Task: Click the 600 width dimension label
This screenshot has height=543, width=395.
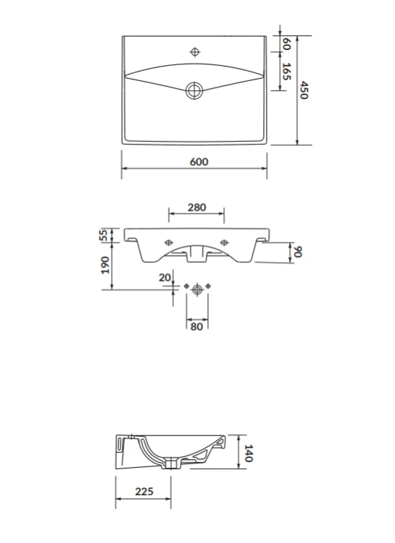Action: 199,161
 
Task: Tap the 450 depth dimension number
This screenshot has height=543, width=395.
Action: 304,90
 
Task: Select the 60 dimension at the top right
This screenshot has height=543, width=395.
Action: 286,43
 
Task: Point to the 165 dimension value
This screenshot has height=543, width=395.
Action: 286,72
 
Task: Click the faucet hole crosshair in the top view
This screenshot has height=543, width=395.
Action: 195,52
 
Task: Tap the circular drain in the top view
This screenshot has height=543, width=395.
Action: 194,90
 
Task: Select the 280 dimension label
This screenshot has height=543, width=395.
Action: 196,207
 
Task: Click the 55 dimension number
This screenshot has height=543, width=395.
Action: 104,235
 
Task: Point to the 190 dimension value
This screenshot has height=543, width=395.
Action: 105,265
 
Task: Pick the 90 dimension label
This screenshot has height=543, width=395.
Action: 298,252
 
